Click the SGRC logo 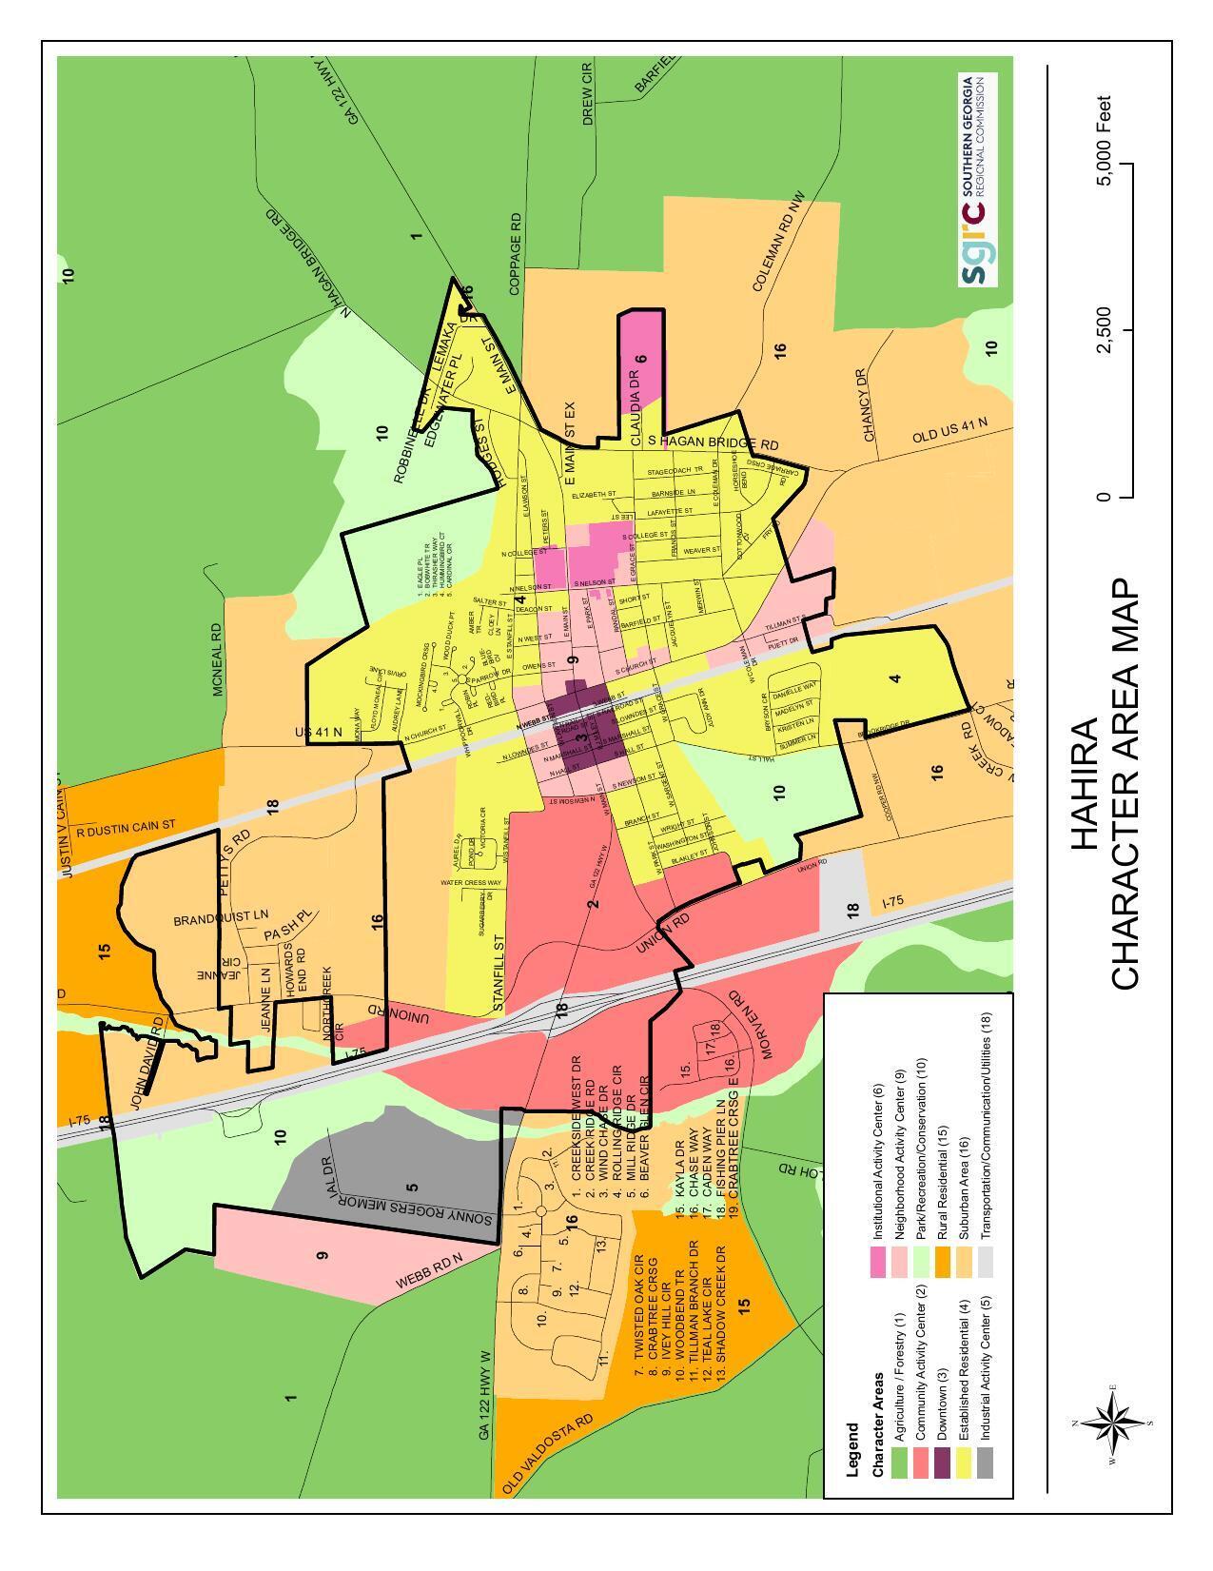(978, 181)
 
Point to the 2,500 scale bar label (1105, 330)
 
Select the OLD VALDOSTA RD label (548, 1452)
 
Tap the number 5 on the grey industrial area (411, 1187)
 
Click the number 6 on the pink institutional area (640, 359)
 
